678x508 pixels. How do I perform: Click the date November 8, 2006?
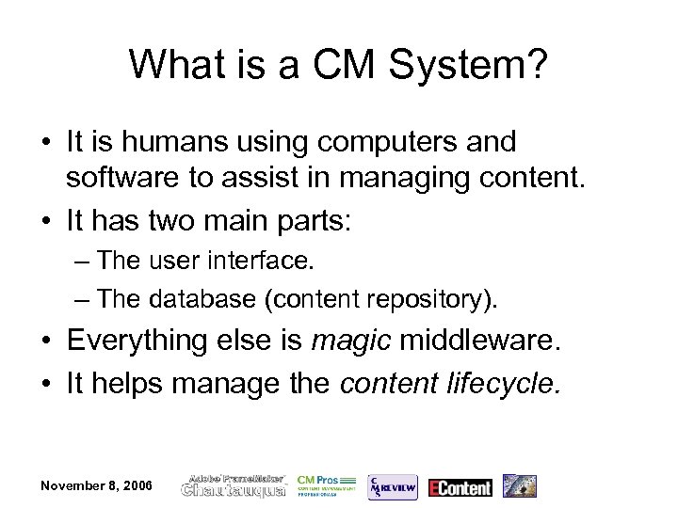97,485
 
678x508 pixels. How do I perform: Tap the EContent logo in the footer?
460,486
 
